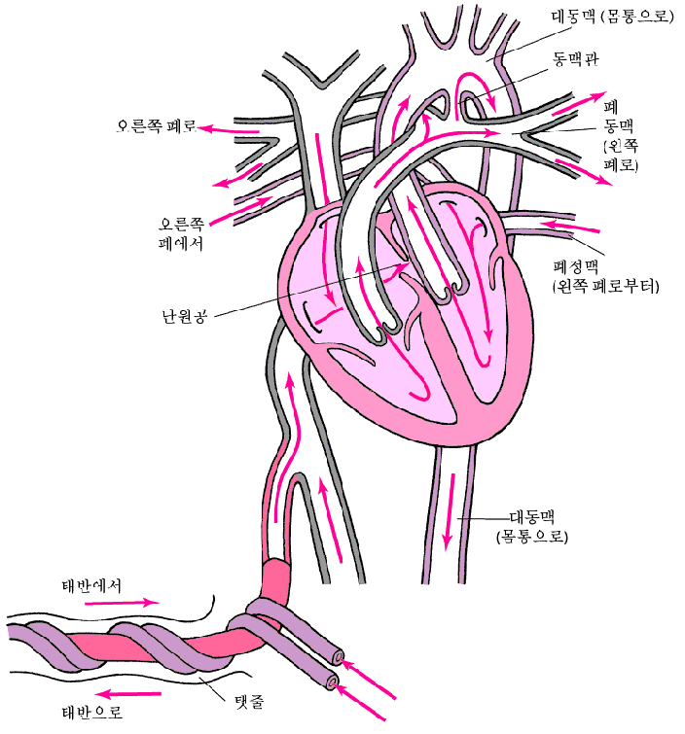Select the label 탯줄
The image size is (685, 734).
coord(251,699)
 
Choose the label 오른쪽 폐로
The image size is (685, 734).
coord(156,126)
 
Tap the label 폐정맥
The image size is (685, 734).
coord(578,267)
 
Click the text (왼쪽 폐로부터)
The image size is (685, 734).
coord(605,288)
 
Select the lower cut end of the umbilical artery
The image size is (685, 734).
coord(336,682)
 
